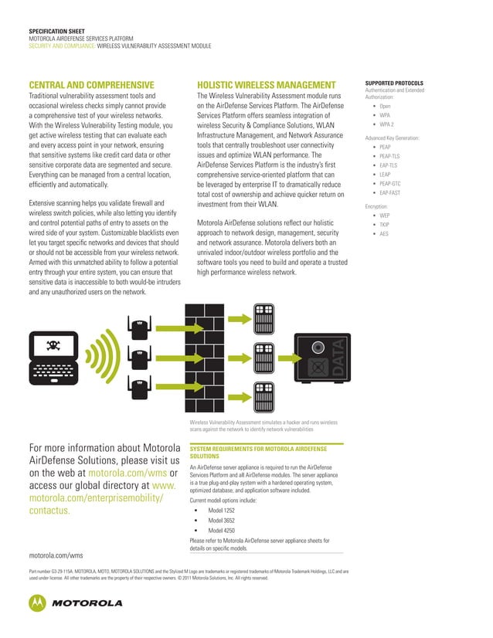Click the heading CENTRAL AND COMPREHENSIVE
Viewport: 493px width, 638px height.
pyautogui.click(x=91, y=84)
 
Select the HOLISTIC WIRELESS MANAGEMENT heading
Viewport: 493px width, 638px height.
pyautogui.click(x=267, y=84)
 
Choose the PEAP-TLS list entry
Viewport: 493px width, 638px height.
pyautogui.click(x=389, y=155)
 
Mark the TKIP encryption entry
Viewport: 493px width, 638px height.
pyautogui.click(x=384, y=224)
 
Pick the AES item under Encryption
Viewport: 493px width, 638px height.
pyautogui.click(x=383, y=233)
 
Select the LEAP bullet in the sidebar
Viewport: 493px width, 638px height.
pyautogui.click(x=385, y=175)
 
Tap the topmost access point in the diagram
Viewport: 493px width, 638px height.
pyautogui.click(x=140, y=327)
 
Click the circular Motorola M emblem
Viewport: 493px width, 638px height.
pyautogui.click(x=38, y=602)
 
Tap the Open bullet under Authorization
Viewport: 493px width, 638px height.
pyautogui.click(x=384, y=106)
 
